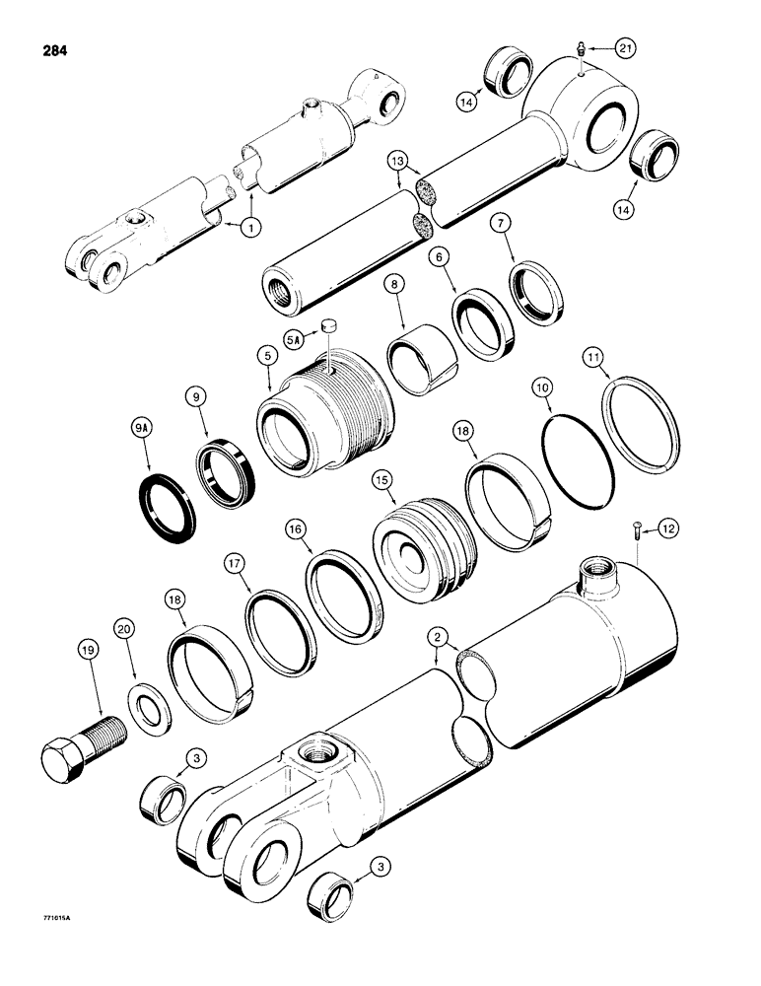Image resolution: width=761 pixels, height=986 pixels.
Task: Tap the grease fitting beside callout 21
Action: (583, 49)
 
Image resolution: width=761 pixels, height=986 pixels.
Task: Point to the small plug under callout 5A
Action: (330, 323)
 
